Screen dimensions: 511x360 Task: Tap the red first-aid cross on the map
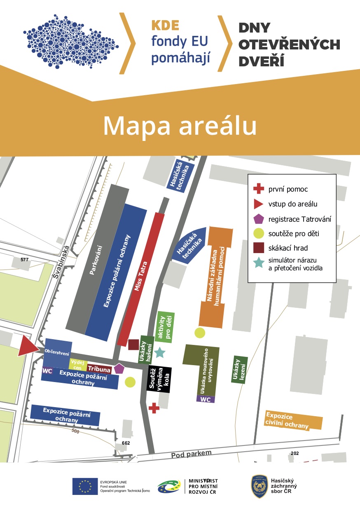pos(154,408)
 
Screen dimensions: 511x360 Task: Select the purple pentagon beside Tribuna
pos(119,368)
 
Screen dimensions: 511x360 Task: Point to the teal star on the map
pos(159,352)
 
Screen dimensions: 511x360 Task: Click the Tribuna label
pos(99,370)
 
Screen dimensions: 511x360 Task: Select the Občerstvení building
pos(57,353)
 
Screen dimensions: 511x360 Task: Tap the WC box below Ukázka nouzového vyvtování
pos(206,399)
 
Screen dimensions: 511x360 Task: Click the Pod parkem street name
pos(191,455)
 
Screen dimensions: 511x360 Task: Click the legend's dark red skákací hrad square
pos(258,248)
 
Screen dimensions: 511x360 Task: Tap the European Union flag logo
pos(85,486)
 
